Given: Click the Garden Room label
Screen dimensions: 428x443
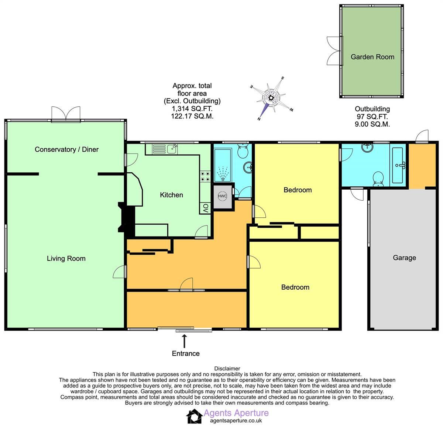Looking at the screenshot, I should point(372,57).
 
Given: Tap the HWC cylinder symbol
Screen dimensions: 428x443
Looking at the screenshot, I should point(222,197).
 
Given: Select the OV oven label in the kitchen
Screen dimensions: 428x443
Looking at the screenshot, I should point(206,208).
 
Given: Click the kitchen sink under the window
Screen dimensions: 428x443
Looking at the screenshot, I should point(171,149).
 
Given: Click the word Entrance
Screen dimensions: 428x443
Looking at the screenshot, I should point(186,353).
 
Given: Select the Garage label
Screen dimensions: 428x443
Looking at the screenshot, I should point(404,258).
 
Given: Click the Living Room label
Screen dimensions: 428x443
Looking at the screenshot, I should point(66,259).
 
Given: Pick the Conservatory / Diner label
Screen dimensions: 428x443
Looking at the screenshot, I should point(66,149).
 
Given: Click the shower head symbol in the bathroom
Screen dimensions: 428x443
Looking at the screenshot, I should point(222,173).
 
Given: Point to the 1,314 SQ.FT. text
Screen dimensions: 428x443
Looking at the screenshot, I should point(192,109).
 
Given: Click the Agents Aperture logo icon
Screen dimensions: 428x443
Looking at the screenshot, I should point(194,417).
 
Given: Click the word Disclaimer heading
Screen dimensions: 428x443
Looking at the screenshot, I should point(227,369).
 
